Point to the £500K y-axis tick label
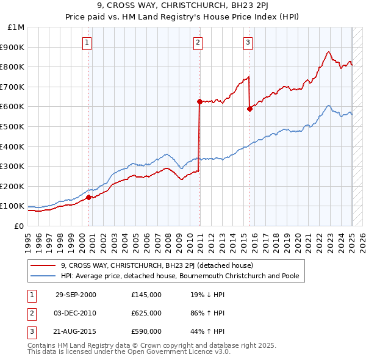coord(13,126)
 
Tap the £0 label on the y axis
coord(20,226)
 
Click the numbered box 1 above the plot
coord(87,42)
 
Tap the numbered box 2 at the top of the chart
coord(199,42)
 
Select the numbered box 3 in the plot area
coord(248,42)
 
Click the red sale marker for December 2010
coord(199,101)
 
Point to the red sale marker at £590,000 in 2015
coord(249,109)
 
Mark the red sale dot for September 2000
coord(89,197)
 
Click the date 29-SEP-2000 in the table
coord(76,295)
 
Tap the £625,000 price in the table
coord(146,313)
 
